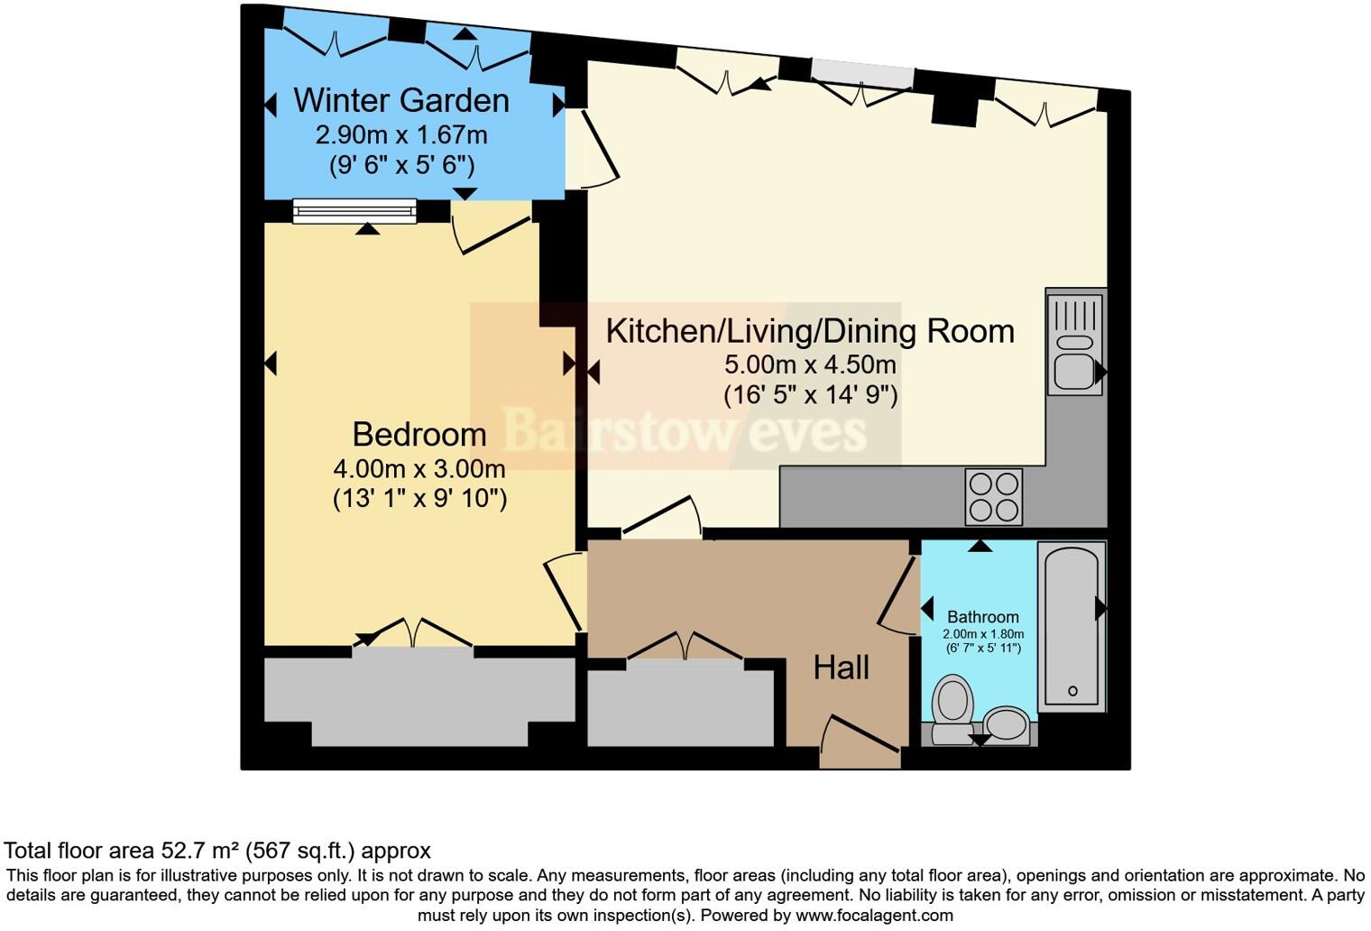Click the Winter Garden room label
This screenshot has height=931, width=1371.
pyautogui.click(x=401, y=100)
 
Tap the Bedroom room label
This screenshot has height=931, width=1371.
pyautogui.click(x=419, y=434)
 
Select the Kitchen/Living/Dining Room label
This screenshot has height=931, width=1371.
pyautogui.click(x=810, y=331)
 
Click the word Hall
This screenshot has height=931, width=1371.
pyautogui.click(x=841, y=668)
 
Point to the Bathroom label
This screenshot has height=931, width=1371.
pyautogui.click(x=982, y=617)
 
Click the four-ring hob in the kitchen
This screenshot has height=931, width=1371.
pyautogui.click(x=994, y=496)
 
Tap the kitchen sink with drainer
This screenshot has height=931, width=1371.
pyautogui.click(x=1075, y=342)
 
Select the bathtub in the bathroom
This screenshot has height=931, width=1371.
pyautogui.click(x=1072, y=622)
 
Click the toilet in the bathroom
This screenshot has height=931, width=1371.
pyautogui.click(x=952, y=708)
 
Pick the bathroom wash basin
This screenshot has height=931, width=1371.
pyautogui.click(x=1006, y=724)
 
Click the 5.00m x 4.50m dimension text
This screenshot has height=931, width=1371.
pyautogui.click(x=810, y=364)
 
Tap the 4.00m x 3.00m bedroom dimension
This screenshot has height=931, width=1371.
pyautogui.click(x=419, y=469)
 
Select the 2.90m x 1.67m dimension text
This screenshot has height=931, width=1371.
pyautogui.click(x=401, y=135)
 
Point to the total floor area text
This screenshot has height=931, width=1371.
pyautogui.click(x=217, y=850)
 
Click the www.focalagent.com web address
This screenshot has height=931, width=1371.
pyautogui.click(x=872, y=915)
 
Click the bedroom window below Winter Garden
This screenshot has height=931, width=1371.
pyautogui.click(x=354, y=211)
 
